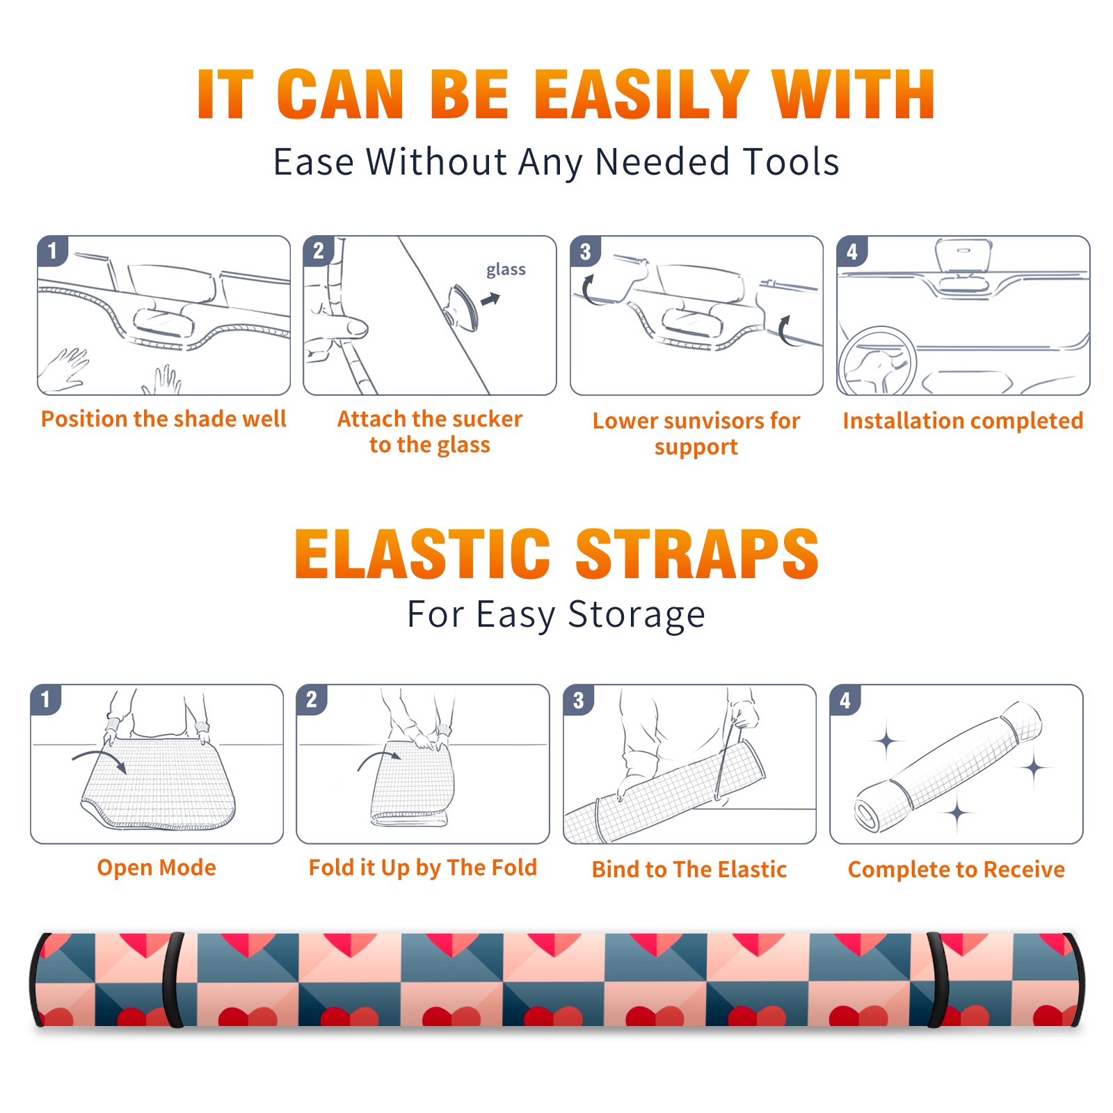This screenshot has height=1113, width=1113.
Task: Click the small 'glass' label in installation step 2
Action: (x=506, y=270)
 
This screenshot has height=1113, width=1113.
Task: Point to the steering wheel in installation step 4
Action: (x=876, y=360)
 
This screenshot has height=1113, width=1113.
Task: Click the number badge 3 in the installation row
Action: (x=585, y=251)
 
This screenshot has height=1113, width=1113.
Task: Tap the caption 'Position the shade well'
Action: (x=163, y=419)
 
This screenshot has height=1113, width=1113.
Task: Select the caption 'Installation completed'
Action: (x=963, y=421)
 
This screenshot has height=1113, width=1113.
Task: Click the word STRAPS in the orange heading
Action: (x=697, y=554)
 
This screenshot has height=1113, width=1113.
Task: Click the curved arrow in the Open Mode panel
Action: (x=100, y=758)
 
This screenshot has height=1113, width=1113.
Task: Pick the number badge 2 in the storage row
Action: (x=312, y=699)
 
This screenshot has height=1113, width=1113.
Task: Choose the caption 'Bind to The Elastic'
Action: (x=689, y=870)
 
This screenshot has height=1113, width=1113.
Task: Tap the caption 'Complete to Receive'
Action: (x=956, y=870)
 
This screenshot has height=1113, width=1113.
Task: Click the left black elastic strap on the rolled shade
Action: (x=173, y=979)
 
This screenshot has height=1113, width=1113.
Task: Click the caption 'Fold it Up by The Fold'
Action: (x=423, y=868)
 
